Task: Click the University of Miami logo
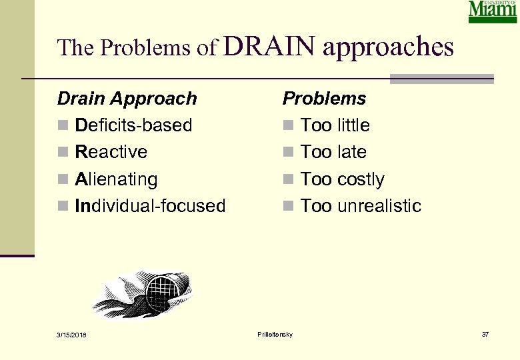coord(493,12)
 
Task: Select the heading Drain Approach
coord(127,99)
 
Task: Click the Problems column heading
coord(325,99)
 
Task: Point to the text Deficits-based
coord(133,125)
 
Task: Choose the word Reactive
coord(111,152)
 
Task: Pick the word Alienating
coord(117,179)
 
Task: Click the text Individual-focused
coord(151,206)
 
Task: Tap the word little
coord(353,125)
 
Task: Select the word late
coord(351,152)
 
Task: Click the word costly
coord(361,179)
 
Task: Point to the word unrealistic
coord(379,206)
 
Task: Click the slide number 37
coord(485,333)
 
